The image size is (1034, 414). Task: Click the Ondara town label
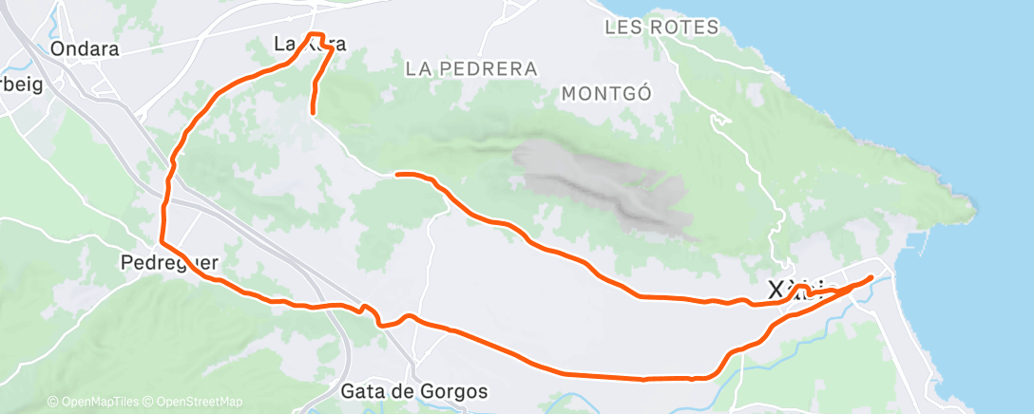click(86, 48)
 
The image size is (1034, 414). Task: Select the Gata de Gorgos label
click(414, 391)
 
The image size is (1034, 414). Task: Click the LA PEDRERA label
click(470, 69)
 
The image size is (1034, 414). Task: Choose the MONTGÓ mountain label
click(605, 93)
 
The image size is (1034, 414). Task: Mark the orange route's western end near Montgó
click(396, 175)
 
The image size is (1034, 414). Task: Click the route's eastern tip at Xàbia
click(871, 276)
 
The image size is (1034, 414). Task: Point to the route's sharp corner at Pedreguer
click(161, 243)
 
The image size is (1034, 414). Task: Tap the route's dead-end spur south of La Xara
click(313, 113)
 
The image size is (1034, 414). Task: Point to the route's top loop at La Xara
click(317, 38)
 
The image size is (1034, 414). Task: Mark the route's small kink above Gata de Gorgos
click(364, 308)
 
